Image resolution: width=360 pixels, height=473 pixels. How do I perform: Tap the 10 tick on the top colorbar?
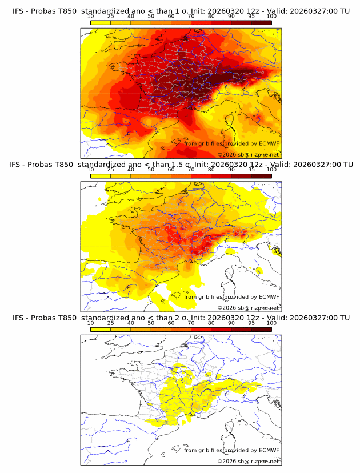[91, 17]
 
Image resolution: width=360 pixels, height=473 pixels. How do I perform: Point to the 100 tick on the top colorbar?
[271, 17]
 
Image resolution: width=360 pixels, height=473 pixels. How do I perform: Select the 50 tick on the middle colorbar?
[151, 170]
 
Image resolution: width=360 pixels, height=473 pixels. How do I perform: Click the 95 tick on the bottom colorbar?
[251, 323]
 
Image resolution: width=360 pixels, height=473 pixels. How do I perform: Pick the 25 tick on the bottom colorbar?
[111, 323]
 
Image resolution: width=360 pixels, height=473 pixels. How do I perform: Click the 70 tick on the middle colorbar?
[191, 170]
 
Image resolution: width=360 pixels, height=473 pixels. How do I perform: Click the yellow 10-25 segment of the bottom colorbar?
[101, 330]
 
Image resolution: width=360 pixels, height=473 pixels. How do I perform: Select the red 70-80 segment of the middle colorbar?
[201, 176]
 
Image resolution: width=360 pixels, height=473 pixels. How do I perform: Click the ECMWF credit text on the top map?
[231, 143]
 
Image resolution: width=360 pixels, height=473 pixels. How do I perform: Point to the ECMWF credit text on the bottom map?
[231, 450]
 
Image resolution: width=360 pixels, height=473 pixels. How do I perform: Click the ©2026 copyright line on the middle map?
[248, 307]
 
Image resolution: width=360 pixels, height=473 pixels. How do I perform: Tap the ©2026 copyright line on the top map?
[248, 154]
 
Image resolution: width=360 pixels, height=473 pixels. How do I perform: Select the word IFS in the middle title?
[18, 164]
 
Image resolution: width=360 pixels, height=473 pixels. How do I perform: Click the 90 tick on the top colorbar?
[231, 17]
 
